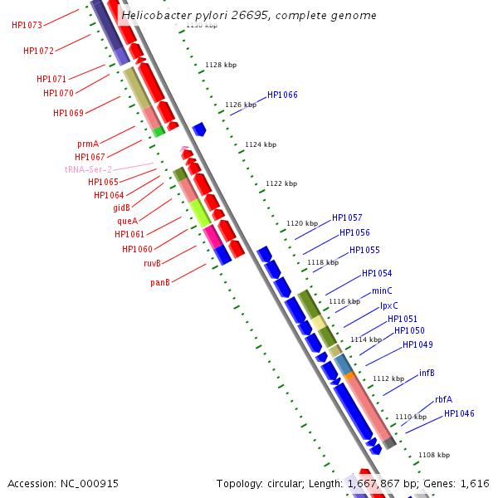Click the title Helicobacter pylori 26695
click(x=248, y=15)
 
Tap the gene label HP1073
click(x=27, y=25)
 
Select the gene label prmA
click(x=88, y=144)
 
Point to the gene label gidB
click(x=121, y=207)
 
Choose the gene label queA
click(x=127, y=221)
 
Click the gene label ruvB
click(x=152, y=263)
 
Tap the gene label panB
click(x=160, y=282)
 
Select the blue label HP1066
click(x=282, y=95)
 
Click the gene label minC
click(x=382, y=290)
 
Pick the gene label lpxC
click(x=388, y=305)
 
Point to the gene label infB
click(x=427, y=373)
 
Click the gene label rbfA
click(x=443, y=399)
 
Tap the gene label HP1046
click(x=459, y=413)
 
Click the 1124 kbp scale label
click(x=261, y=144)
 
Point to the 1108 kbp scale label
click(x=433, y=455)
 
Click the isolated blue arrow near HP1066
click(x=199, y=129)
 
